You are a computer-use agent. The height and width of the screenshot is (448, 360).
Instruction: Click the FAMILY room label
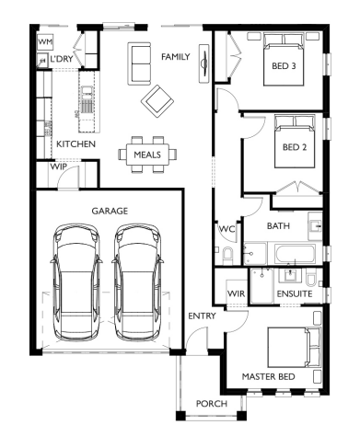(x=176, y=57)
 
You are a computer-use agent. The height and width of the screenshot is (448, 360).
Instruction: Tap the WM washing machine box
(x=45, y=42)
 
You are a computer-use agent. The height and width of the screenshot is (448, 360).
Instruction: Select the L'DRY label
(x=62, y=59)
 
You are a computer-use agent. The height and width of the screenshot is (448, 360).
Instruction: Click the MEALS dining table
(x=147, y=155)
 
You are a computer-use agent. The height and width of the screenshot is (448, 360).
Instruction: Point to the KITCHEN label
(x=76, y=144)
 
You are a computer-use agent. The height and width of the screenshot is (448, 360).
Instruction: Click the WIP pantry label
(x=59, y=167)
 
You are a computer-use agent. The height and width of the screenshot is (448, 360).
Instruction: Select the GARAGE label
(x=110, y=211)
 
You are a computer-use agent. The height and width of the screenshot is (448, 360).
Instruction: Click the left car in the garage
(x=76, y=281)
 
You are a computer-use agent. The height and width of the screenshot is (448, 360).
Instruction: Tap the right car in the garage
(x=137, y=281)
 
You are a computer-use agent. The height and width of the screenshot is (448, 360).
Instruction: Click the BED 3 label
(x=284, y=66)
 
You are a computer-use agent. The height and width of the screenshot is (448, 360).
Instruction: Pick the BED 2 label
(x=295, y=147)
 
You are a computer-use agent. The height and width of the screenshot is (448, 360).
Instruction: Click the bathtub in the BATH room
(x=295, y=254)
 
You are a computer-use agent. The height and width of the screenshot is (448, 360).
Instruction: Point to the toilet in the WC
(x=227, y=254)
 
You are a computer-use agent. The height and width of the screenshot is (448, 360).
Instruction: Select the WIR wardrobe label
(x=237, y=293)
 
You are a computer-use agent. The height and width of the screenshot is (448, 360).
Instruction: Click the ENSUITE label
(x=295, y=293)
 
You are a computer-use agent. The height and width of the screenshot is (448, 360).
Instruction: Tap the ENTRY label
(x=202, y=316)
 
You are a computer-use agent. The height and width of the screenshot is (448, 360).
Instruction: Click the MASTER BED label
(x=269, y=376)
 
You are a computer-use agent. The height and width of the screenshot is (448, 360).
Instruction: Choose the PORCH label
(x=212, y=404)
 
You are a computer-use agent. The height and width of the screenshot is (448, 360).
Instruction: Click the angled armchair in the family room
(x=157, y=102)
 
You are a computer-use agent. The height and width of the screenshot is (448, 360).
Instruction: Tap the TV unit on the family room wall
(x=204, y=63)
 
